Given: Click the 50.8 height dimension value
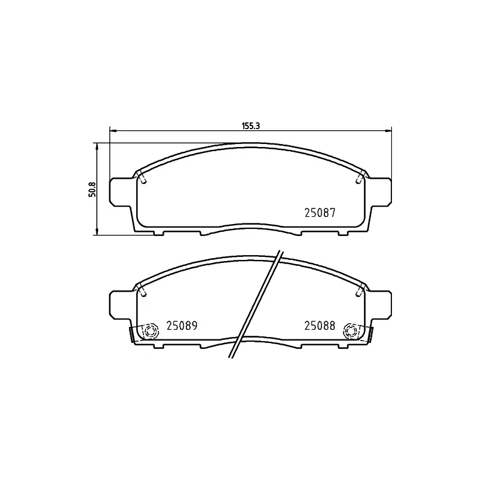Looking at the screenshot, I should click(91, 189).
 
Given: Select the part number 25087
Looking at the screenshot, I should click(320, 212).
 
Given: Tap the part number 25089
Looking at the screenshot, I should click(182, 326).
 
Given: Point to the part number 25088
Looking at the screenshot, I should click(320, 326).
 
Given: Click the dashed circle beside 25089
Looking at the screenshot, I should click(150, 330).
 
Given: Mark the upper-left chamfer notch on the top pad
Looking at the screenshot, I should click(143, 177).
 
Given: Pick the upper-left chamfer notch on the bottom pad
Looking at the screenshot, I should click(143, 290).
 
